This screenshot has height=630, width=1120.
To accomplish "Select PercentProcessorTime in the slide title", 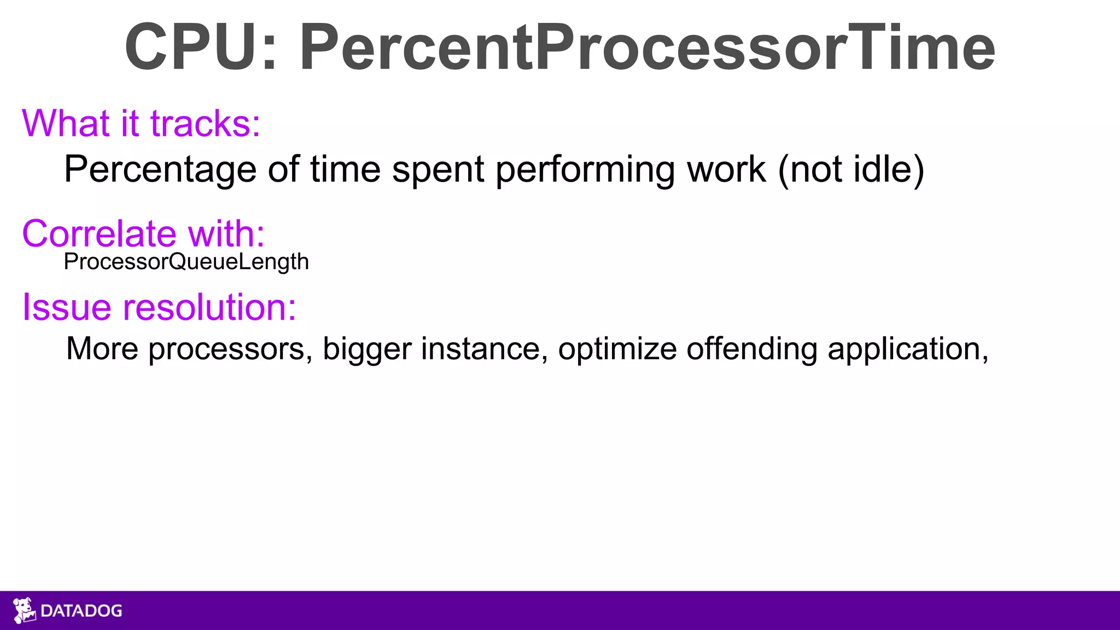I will [647, 48].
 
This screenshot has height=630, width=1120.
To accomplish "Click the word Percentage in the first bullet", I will [160, 170].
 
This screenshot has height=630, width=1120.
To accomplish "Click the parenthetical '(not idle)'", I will [851, 170].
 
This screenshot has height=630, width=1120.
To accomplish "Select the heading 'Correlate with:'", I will [143, 234].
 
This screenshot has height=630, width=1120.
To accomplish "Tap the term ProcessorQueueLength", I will [186, 262].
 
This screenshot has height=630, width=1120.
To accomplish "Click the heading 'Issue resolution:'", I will [159, 307].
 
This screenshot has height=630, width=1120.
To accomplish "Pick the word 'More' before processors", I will [102, 349].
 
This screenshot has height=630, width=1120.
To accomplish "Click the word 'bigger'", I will [366, 349].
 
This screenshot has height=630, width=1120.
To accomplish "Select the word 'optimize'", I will [617, 349].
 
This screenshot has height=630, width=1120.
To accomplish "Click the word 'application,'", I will [908, 349].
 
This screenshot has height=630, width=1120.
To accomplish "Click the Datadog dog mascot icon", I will [24, 610].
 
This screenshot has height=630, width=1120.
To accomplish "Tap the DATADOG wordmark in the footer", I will [81, 611].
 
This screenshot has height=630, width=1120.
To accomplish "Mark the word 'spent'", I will [438, 170].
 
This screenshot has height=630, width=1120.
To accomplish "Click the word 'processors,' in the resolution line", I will [230, 349].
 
